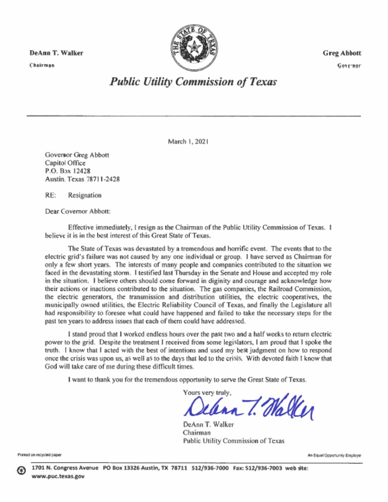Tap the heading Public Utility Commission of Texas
(193, 81)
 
